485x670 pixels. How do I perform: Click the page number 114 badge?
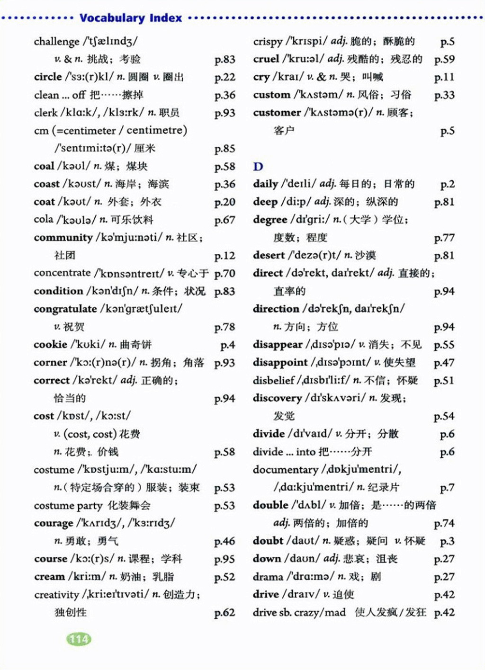(x=79, y=639)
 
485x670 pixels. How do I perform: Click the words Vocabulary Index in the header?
(x=131, y=18)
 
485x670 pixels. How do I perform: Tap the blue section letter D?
(x=258, y=167)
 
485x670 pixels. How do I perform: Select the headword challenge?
(x=56, y=42)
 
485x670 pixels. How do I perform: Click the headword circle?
(x=48, y=77)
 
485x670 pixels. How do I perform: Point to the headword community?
(x=63, y=238)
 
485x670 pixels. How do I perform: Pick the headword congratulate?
(x=65, y=309)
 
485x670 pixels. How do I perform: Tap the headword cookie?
(x=50, y=345)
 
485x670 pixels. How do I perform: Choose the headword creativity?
(x=56, y=595)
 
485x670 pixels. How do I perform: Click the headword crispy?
(x=268, y=42)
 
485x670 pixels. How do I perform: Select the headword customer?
(x=277, y=113)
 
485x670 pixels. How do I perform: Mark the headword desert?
(x=269, y=255)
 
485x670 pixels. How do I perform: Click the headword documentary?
(x=285, y=470)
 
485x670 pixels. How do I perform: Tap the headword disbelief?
(x=274, y=380)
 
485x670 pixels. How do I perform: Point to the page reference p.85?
(x=225, y=149)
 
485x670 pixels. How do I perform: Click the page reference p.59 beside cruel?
(x=444, y=60)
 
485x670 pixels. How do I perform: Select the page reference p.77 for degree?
(x=444, y=238)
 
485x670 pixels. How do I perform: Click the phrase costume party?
(x=68, y=506)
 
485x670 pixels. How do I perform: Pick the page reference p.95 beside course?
(x=225, y=559)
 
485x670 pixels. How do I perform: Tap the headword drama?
(x=268, y=577)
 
